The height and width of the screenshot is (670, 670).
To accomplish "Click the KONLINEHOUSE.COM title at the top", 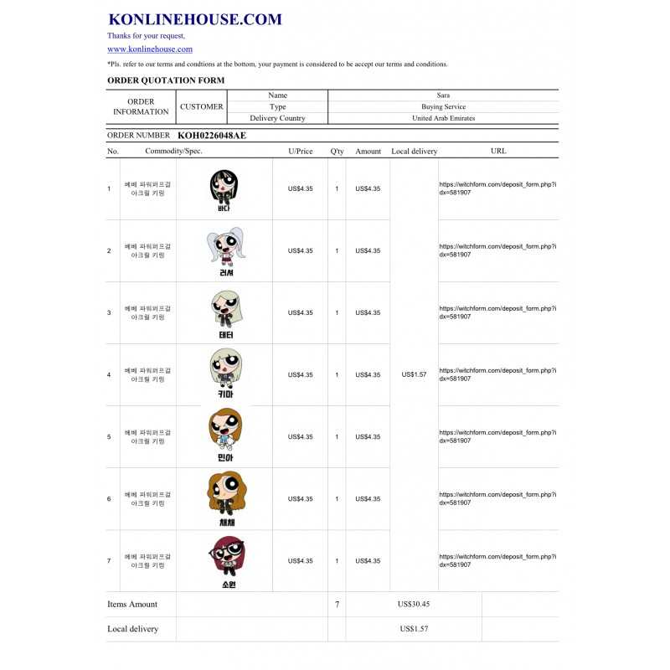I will click(195, 19).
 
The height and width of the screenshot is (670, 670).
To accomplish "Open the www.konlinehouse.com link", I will click(150, 49).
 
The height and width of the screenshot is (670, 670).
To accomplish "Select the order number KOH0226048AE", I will click(212, 135).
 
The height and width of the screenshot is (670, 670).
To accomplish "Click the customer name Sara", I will click(443, 95).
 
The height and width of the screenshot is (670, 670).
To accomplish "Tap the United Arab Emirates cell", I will click(443, 118).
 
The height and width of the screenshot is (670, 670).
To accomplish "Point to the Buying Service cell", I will click(443, 107).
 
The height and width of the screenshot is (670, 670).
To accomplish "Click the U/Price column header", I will click(300, 152).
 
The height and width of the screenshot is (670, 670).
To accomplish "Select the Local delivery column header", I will click(414, 152).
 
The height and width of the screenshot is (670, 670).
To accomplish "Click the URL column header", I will click(498, 152).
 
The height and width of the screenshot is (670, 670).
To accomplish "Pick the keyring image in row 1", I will click(224, 189).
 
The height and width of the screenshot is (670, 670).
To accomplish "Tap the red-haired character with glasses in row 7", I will click(224, 560).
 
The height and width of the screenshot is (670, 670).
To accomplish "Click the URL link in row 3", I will click(497, 312).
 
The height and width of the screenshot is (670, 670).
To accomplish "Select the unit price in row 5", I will click(300, 437).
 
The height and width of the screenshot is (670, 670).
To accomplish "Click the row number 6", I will click(109, 499).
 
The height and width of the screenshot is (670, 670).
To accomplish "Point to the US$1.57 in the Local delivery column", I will click(414, 374).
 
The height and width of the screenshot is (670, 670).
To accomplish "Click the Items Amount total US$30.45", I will click(414, 604).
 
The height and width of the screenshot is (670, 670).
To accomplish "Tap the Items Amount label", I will click(132, 604).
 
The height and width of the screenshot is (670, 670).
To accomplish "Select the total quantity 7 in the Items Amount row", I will click(337, 604).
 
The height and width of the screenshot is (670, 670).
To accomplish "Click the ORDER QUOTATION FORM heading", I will click(166, 80).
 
